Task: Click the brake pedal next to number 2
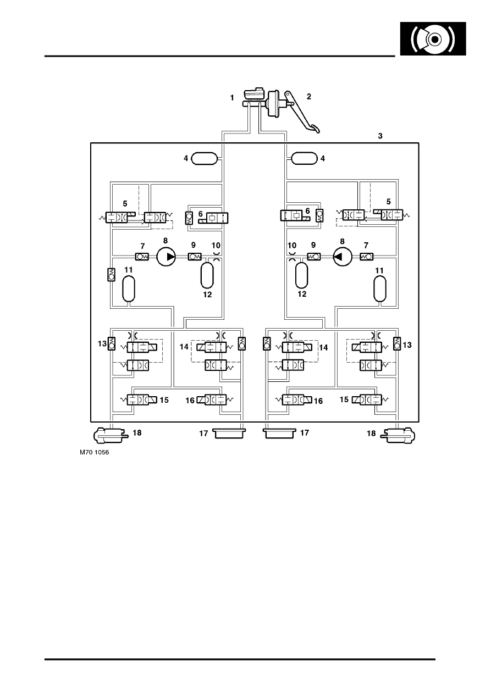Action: point(302,112)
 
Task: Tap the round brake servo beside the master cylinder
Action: point(274,104)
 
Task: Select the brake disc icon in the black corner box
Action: point(433,39)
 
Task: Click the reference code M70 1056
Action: point(94,452)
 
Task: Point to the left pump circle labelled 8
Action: point(166,257)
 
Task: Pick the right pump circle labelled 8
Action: point(343,257)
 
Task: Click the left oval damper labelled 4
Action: point(205,158)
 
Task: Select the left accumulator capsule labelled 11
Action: point(129,289)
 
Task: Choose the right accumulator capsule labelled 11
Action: point(380,288)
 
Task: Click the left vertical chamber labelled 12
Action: point(207,275)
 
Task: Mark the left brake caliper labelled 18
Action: point(111,435)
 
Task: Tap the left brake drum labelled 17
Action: point(229,433)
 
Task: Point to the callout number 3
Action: point(380,136)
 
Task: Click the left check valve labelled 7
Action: point(142,257)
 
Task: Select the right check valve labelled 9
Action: point(314,257)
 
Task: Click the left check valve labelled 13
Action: point(111,343)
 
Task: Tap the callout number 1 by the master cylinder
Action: point(232,98)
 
